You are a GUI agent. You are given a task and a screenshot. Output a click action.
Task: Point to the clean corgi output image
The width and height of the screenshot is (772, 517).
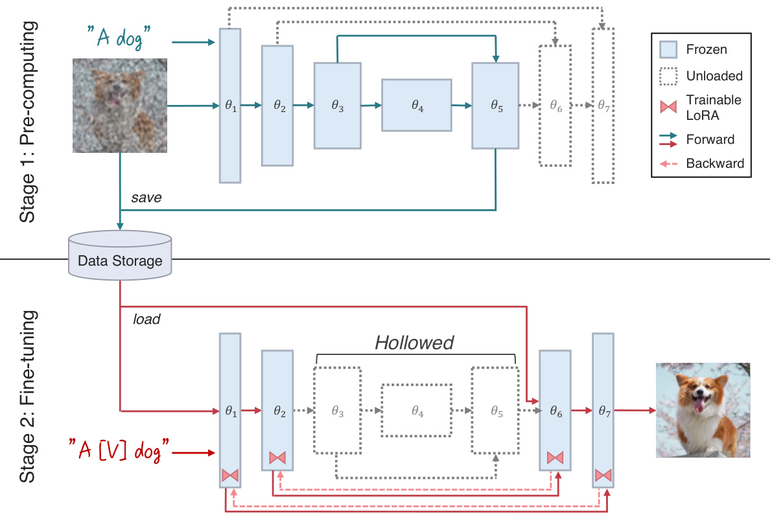coord(703,410)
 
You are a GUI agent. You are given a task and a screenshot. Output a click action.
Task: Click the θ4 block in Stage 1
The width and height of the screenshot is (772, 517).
coord(417,105)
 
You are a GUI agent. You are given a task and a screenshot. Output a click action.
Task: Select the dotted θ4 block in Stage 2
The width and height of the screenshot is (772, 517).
coord(417,411)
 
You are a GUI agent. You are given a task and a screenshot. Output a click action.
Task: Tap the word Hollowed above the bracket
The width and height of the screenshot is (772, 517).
coord(415,343)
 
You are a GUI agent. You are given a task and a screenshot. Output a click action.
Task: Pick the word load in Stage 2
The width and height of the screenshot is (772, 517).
coord(146,319)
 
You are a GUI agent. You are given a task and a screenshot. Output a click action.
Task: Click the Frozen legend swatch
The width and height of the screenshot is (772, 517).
coord(668,50)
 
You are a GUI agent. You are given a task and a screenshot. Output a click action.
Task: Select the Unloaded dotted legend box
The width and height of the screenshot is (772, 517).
coord(668,76)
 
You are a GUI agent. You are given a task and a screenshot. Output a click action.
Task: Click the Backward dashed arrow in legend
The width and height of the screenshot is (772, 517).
coord(668,163)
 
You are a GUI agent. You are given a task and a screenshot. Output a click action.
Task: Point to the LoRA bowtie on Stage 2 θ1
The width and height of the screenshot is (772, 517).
coord(230,475)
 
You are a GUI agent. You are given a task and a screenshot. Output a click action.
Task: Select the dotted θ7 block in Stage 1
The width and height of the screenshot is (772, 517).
coord(603,106)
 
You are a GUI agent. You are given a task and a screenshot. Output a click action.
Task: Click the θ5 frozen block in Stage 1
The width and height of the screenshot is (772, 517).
coord(495,106)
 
